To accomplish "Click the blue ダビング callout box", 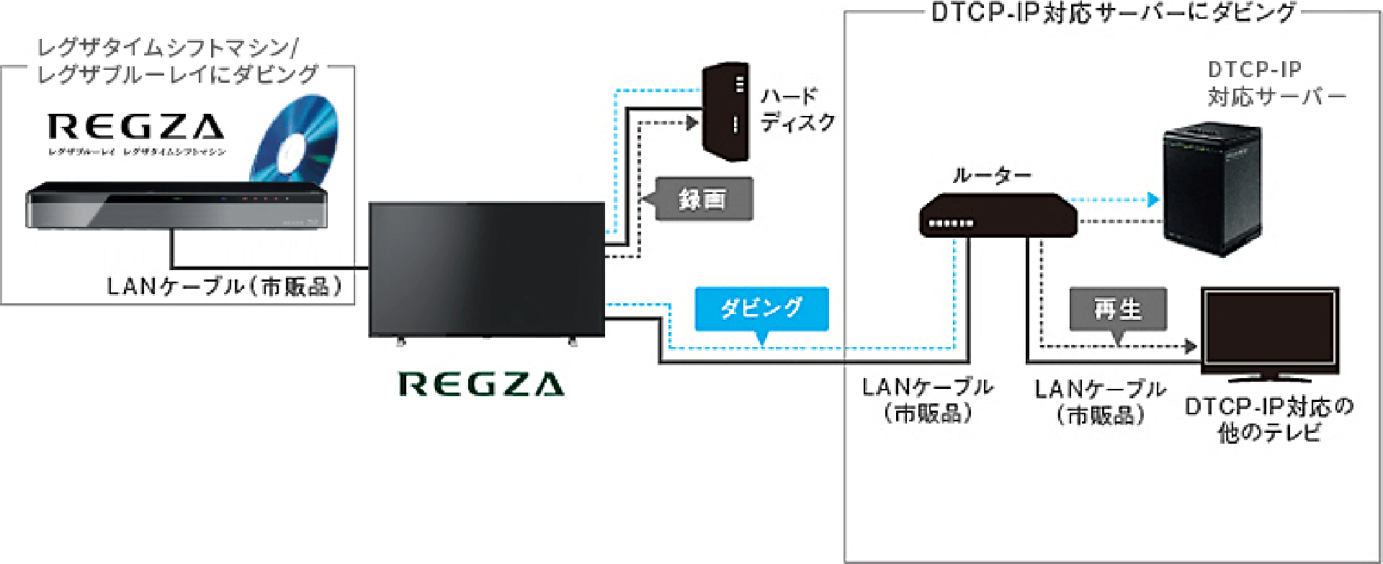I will point(761,308).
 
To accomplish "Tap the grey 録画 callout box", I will point(703,199).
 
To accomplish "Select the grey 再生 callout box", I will point(1117,309).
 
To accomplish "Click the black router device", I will point(998,215).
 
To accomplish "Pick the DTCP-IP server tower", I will point(1212,188).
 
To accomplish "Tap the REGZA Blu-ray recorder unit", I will point(176,206).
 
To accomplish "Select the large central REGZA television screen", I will point(486,269).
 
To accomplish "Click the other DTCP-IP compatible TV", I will point(1269,331).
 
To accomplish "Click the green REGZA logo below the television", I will point(481,385).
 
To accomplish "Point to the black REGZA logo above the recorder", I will point(136,127).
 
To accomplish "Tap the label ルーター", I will point(992,175).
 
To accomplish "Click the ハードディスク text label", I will point(797,109).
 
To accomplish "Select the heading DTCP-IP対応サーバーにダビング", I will point(1113,13).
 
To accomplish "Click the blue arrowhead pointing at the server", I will point(1153,200).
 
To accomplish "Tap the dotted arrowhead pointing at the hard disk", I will point(692,122).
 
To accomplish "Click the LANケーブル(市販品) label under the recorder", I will point(225,287).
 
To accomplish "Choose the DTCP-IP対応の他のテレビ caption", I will point(1269,419).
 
